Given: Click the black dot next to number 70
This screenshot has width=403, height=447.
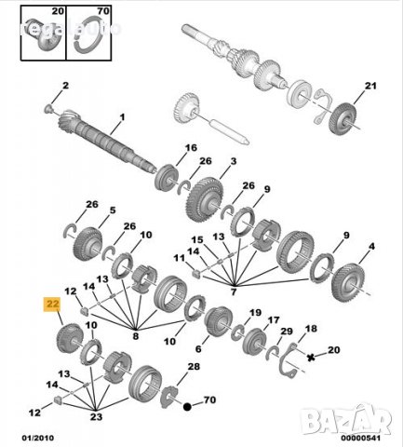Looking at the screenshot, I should pos(187,407).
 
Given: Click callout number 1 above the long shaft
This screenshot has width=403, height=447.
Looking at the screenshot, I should pos(120,118).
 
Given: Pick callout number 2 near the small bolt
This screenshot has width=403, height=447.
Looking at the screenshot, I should pos(65,86).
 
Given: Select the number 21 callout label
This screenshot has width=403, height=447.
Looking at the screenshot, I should pos(369,87).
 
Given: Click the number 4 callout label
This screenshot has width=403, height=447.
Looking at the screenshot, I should pos(372,247).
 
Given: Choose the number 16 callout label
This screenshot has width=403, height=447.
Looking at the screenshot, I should pos(191,148).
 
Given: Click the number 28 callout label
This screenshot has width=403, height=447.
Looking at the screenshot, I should pos(194,369).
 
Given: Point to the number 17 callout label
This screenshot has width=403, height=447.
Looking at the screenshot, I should pos(274,320).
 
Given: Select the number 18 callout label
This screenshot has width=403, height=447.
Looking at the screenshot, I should pos(312,329).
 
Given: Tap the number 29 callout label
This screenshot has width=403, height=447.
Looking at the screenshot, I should pos(287,332).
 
